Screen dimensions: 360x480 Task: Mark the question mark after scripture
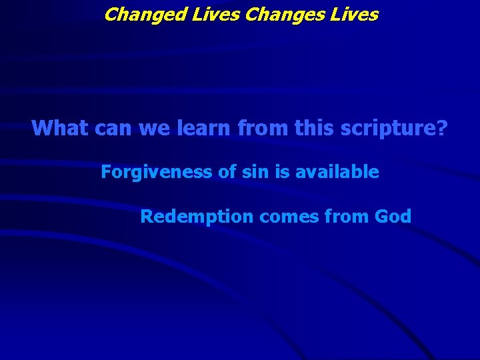tap(442, 127)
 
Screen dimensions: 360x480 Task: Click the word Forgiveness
tap(157, 173)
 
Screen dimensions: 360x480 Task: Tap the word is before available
tap(283, 173)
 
